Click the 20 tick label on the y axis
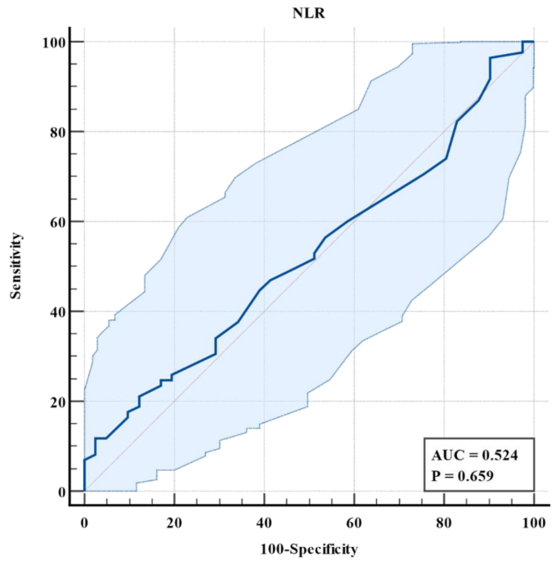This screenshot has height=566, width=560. (55, 402)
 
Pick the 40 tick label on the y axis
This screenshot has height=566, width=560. (55, 312)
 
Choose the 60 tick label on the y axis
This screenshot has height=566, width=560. (55, 222)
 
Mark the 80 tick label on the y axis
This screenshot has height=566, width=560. (55, 132)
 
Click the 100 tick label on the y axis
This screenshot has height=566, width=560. (52, 42)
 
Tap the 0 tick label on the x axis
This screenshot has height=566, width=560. (84, 521)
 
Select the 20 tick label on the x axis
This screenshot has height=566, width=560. (174, 521)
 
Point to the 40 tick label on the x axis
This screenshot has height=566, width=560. (264, 521)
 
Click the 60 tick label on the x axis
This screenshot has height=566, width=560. (354, 521)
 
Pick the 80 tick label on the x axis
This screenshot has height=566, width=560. (444, 521)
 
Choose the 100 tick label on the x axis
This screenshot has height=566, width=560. (533, 521)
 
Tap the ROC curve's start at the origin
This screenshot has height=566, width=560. (84, 491)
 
